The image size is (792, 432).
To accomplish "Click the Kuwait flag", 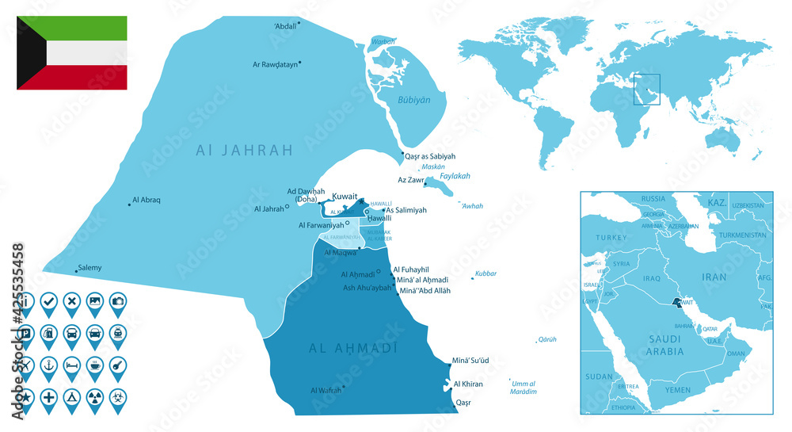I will (x=72, y=53).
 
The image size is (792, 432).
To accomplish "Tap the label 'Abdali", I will (x=286, y=25).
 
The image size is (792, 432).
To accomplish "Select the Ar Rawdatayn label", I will (x=275, y=64).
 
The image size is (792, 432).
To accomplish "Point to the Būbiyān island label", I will (x=413, y=101).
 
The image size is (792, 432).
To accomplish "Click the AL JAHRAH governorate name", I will (x=245, y=149).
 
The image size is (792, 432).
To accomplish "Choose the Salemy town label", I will (x=89, y=268).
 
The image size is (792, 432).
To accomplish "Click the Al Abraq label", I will (x=147, y=201).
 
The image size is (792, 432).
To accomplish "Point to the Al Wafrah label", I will (x=326, y=390).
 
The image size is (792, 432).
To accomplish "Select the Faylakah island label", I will (x=455, y=176).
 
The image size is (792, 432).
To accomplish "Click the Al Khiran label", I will (x=467, y=384).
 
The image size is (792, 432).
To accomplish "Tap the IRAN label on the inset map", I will (x=714, y=277).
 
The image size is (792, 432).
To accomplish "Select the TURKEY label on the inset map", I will (x=611, y=238).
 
